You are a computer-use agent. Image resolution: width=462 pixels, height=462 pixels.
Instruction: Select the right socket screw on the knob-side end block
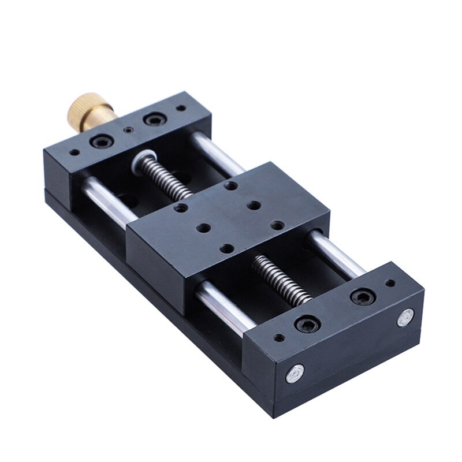coord(155,120)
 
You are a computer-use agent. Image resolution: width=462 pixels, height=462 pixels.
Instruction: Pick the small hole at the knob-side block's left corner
coord(74,154)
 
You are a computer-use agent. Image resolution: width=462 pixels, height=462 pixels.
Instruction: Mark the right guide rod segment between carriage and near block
coord(338,254)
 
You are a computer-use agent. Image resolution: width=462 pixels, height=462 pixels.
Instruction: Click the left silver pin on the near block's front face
coord(295,374)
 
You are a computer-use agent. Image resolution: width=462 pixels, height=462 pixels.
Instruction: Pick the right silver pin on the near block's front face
coord(406,316)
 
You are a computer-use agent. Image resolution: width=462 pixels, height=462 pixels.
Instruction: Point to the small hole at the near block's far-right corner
coord(390,283)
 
